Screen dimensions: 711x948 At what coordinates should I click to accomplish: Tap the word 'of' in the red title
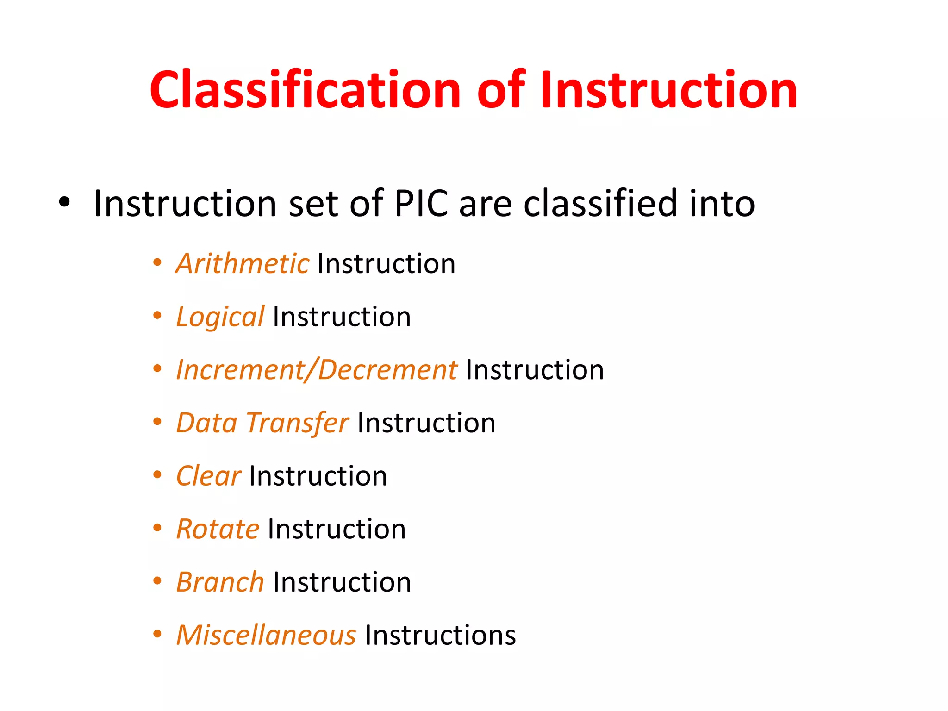point(501,90)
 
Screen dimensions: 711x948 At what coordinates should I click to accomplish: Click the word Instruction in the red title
point(668,90)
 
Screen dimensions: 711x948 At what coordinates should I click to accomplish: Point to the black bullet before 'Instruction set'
point(64,202)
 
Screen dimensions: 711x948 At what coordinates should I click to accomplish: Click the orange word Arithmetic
point(243,264)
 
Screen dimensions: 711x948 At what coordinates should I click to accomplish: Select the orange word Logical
point(220,318)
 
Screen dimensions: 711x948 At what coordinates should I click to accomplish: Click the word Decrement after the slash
point(388,370)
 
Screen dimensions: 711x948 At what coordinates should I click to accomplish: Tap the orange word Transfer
point(297,423)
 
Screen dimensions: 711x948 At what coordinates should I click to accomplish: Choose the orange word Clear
point(208,476)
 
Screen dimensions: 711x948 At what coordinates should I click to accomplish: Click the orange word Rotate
point(218,529)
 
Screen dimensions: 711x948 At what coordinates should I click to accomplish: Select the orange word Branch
point(220,582)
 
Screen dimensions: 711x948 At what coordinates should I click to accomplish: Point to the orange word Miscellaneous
point(266,635)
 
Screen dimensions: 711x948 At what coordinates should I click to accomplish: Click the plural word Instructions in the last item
point(440,635)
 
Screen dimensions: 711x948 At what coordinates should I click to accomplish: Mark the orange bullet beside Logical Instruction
point(157,316)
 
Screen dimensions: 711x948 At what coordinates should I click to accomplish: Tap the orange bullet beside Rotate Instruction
point(157,528)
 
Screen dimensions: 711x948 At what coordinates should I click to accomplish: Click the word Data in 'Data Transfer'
point(207,423)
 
